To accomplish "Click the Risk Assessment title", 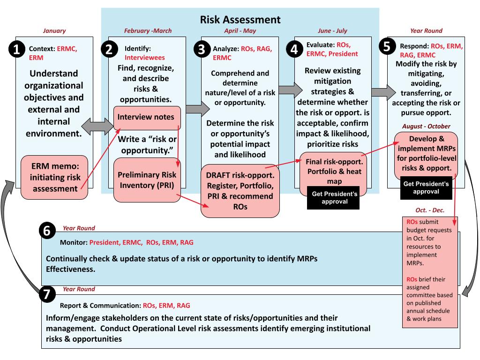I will coord(240,19).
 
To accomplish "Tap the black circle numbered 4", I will coord(295,50).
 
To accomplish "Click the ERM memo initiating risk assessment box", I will coord(54,177).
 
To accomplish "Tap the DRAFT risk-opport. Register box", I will coord(240,190).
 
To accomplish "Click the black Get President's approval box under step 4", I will coord(333,198).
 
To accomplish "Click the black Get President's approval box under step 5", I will coord(426,187).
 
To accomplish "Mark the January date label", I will coord(54,31).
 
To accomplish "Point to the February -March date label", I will coord(148,31).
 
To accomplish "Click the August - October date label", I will coord(426,126).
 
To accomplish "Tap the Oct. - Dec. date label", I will coord(430,210).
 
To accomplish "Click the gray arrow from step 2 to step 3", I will coord(197,109).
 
